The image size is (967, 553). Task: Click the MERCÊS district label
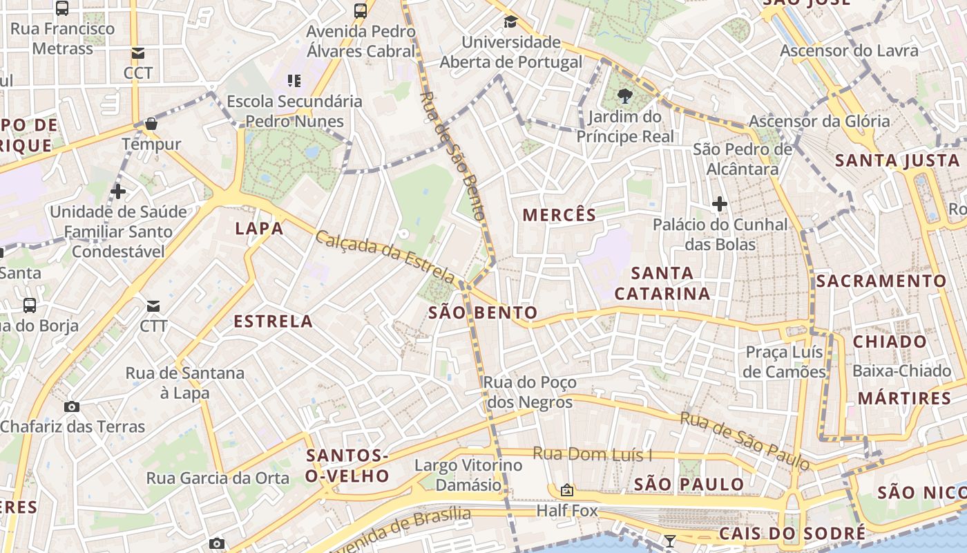click(x=559, y=215)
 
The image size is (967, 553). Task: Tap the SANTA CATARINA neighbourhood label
click(x=662, y=283)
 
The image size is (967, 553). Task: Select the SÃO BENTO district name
click(x=483, y=312)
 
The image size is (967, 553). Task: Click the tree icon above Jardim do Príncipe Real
click(x=625, y=95)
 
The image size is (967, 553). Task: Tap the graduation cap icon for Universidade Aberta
click(x=510, y=21)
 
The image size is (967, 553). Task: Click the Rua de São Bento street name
click(x=457, y=151)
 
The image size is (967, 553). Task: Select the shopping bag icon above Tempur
click(x=151, y=124)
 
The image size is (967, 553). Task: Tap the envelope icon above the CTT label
click(x=153, y=306)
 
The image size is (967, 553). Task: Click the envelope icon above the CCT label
click(x=137, y=53)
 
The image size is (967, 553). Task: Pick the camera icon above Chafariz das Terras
click(x=72, y=406)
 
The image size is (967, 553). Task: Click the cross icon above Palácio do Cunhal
click(x=720, y=204)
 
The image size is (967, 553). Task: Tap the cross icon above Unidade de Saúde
click(x=118, y=191)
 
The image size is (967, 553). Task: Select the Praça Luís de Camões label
click(x=785, y=362)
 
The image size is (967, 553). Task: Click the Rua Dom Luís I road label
click(x=592, y=454)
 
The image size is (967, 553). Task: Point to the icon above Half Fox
click(x=567, y=490)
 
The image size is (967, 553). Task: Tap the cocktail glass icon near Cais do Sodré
click(x=669, y=541)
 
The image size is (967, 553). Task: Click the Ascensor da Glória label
click(x=819, y=121)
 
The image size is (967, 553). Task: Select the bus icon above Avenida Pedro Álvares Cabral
click(x=361, y=10)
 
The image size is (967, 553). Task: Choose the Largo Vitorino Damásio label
click(x=468, y=475)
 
